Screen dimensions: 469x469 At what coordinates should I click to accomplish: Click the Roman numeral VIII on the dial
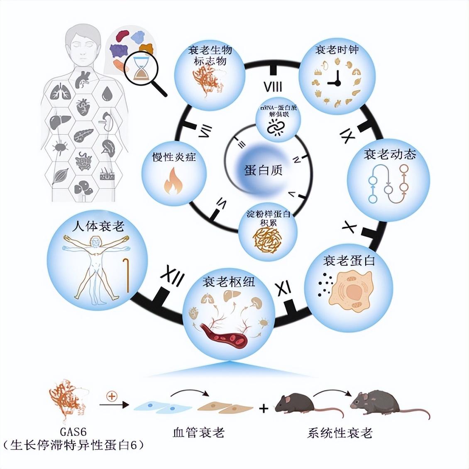tap(273, 87)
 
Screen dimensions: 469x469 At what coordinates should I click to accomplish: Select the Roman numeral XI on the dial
tap(284, 287)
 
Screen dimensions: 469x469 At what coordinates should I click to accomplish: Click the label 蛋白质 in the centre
tap(263, 170)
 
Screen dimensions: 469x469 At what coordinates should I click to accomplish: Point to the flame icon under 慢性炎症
tap(173, 181)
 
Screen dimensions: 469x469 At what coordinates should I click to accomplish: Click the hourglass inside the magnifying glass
tap(142, 68)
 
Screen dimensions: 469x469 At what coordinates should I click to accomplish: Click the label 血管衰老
tap(198, 433)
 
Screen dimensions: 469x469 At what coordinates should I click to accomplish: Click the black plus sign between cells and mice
tap(264, 408)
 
